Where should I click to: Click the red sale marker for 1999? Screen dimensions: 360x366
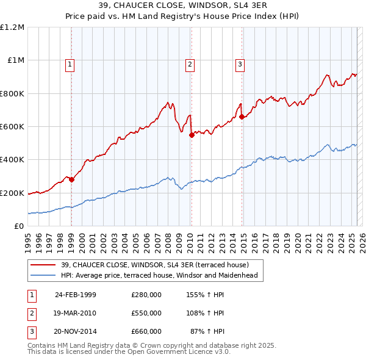(x=71, y=179)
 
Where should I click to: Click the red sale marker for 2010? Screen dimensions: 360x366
(x=192, y=135)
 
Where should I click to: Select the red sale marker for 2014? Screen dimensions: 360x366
(x=242, y=117)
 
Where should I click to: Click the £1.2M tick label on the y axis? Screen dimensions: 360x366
(x=12, y=27)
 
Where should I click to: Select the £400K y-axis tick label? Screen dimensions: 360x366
(x=12, y=160)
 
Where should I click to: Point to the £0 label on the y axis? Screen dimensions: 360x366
(x=18, y=226)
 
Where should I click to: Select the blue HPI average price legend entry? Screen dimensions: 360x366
(x=159, y=275)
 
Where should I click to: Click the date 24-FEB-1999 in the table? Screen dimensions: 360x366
(x=76, y=294)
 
